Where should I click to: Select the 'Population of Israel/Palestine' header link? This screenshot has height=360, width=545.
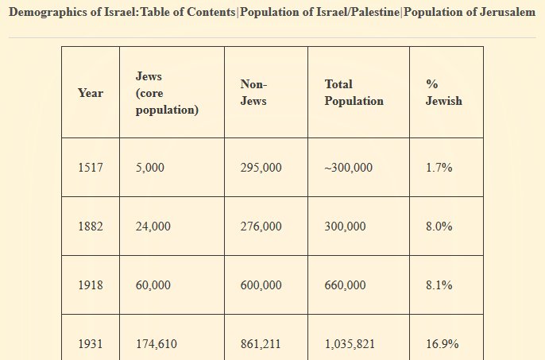[319, 14]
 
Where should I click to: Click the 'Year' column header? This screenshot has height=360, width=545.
[91, 93]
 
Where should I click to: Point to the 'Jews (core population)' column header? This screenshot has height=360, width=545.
[167, 93]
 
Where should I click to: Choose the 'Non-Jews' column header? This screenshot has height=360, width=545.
[253, 93]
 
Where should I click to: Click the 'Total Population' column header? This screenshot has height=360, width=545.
[354, 93]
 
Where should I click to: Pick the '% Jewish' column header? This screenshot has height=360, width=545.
[443, 93]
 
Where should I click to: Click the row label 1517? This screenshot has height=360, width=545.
[91, 168]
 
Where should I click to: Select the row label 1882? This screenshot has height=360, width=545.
[91, 226]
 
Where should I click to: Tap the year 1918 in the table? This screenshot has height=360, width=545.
[91, 285]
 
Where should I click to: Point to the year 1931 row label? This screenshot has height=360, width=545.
[91, 344]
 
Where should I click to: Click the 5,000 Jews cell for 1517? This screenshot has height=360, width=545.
[150, 168]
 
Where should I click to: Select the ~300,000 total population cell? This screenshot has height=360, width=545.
[348, 168]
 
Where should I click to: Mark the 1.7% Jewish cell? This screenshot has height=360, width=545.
[439, 168]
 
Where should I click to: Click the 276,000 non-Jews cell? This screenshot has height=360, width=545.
[261, 226]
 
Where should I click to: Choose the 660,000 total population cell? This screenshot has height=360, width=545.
[345, 285]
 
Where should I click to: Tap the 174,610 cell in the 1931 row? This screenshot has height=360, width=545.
[156, 344]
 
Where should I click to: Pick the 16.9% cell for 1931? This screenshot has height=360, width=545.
[442, 344]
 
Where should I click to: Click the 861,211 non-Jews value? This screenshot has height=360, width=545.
[261, 344]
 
